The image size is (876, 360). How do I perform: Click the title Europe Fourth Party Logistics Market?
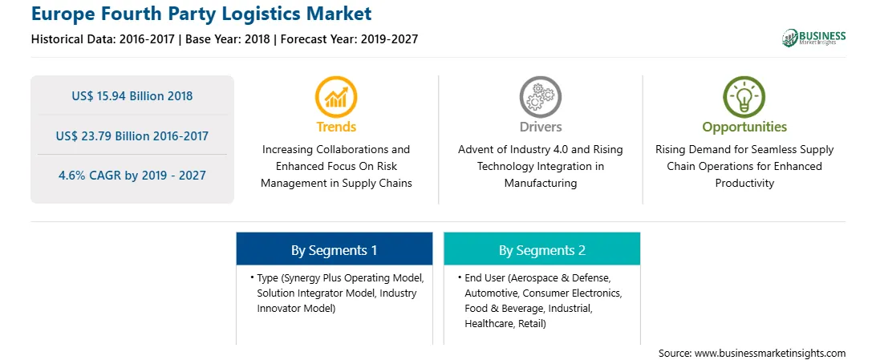click(201, 14)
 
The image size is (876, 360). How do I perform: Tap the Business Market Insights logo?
click(813, 38)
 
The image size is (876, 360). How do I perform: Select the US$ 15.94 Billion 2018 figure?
click(132, 96)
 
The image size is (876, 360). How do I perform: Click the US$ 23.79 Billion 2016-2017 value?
click(132, 136)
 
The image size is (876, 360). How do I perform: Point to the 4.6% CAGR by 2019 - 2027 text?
click(132, 176)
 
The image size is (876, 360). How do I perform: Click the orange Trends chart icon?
click(336, 97)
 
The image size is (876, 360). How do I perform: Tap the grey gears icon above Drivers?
click(540, 97)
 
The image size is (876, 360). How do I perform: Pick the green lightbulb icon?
click(744, 97)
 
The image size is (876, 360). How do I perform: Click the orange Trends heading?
click(336, 127)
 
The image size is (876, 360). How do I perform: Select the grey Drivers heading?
click(540, 127)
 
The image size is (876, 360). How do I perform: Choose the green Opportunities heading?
click(744, 127)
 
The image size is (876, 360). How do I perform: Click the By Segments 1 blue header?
click(334, 249)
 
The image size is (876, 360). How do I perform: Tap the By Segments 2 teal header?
click(542, 249)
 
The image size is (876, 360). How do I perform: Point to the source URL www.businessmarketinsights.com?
click(770, 353)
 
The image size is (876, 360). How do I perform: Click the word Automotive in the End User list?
click(489, 293)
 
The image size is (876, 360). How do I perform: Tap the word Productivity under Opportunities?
click(744, 183)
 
